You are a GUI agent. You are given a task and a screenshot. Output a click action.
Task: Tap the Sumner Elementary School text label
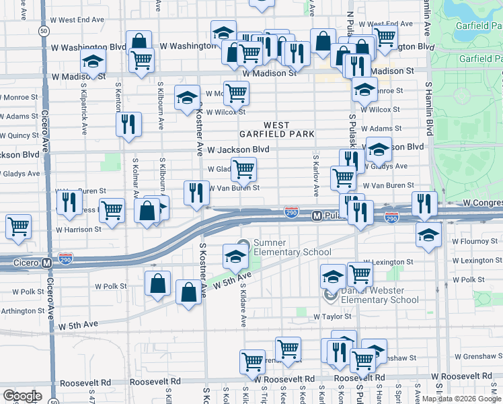[292, 247]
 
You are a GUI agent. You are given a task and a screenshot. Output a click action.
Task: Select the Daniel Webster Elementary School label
[376, 295]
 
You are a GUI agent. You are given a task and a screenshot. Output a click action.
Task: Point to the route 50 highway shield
[43, 31]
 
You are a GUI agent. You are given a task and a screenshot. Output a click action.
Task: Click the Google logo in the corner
[22, 395]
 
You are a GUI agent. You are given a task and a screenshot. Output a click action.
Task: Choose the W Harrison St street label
[78, 229]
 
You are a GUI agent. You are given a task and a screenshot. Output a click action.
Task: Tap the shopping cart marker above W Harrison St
[18, 226]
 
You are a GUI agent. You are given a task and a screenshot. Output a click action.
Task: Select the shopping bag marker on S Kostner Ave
[188, 292]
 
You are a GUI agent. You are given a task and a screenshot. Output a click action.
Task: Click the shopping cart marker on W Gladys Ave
[243, 169]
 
